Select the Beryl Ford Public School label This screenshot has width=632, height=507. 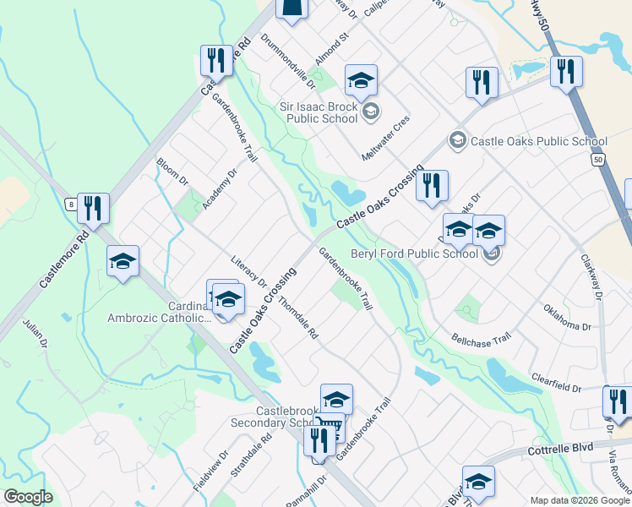425,253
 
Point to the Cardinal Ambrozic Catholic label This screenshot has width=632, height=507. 158,312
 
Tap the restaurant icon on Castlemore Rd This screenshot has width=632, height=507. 94,208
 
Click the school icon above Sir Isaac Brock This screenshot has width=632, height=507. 361,81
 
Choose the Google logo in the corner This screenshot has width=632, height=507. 28,497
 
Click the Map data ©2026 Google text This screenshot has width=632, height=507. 580,500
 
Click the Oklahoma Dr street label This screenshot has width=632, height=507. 567,318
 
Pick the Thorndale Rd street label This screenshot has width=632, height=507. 297,318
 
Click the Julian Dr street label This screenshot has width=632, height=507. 35,335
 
